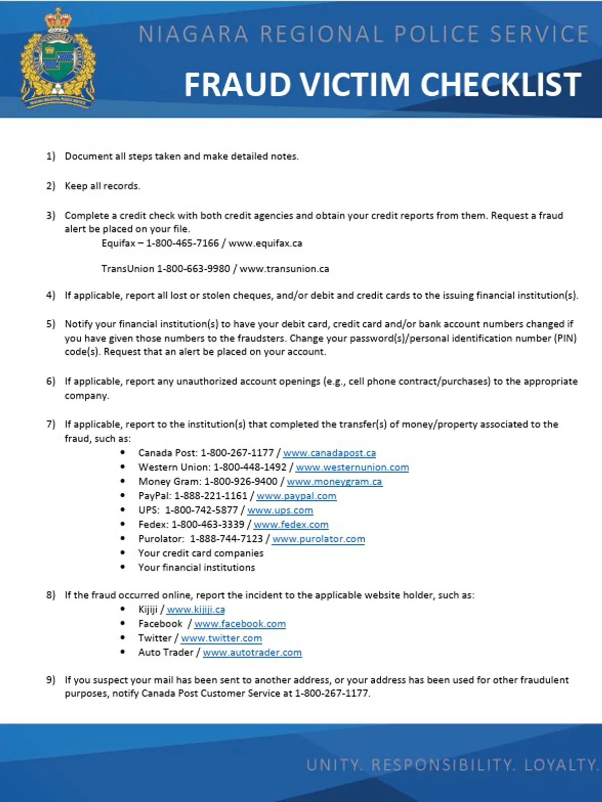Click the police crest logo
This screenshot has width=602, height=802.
pyautogui.click(x=58, y=59)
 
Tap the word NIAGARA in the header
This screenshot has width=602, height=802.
pyautogui.click(x=193, y=35)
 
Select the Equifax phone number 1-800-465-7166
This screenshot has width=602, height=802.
pyautogui.click(x=182, y=244)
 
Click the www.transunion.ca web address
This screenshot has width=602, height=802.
pyautogui.click(x=284, y=269)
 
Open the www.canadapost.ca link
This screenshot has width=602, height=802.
pyautogui.click(x=329, y=453)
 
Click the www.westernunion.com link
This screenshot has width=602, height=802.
pyautogui.click(x=352, y=468)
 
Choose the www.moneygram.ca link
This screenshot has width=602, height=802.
pyautogui.click(x=334, y=482)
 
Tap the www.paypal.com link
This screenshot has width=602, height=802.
pyautogui.click(x=296, y=496)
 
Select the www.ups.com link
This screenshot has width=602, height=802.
pyautogui.click(x=280, y=510)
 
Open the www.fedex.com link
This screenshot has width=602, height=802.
pyautogui.click(x=291, y=525)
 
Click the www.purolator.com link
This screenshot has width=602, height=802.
pyautogui.click(x=319, y=539)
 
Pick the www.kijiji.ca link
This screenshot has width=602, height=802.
pyautogui.click(x=196, y=610)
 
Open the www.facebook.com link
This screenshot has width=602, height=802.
pyautogui.click(x=240, y=624)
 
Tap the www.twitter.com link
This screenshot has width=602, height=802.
pyautogui.click(x=221, y=639)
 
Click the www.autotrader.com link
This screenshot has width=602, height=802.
pyautogui.click(x=252, y=653)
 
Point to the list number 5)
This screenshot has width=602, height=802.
pyautogui.click(x=51, y=324)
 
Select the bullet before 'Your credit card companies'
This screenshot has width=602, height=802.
pyautogui.click(x=123, y=553)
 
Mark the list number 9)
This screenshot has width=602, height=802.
pyautogui.click(x=51, y=680)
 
